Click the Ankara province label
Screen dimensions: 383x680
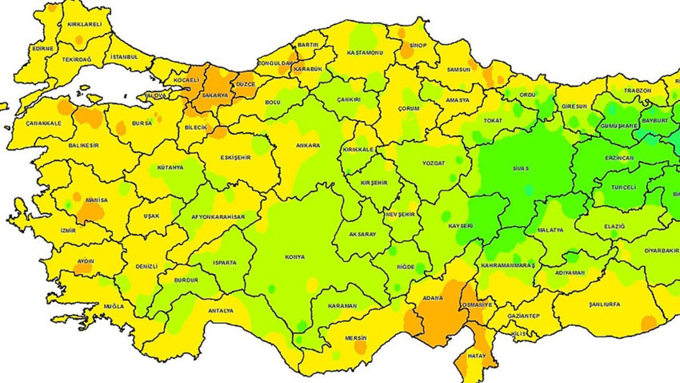pos(307,146)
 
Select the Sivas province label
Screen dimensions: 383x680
pos(521,170)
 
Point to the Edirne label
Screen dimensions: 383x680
pos(42,48)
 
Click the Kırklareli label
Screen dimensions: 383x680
pos(84,25)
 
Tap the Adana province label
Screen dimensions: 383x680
pos(433,298)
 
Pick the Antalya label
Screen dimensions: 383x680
pos(220,310)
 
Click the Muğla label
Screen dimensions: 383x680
pos(114,307)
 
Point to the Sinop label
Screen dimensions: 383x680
pos(420,46)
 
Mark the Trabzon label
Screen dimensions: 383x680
pos(638,91)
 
